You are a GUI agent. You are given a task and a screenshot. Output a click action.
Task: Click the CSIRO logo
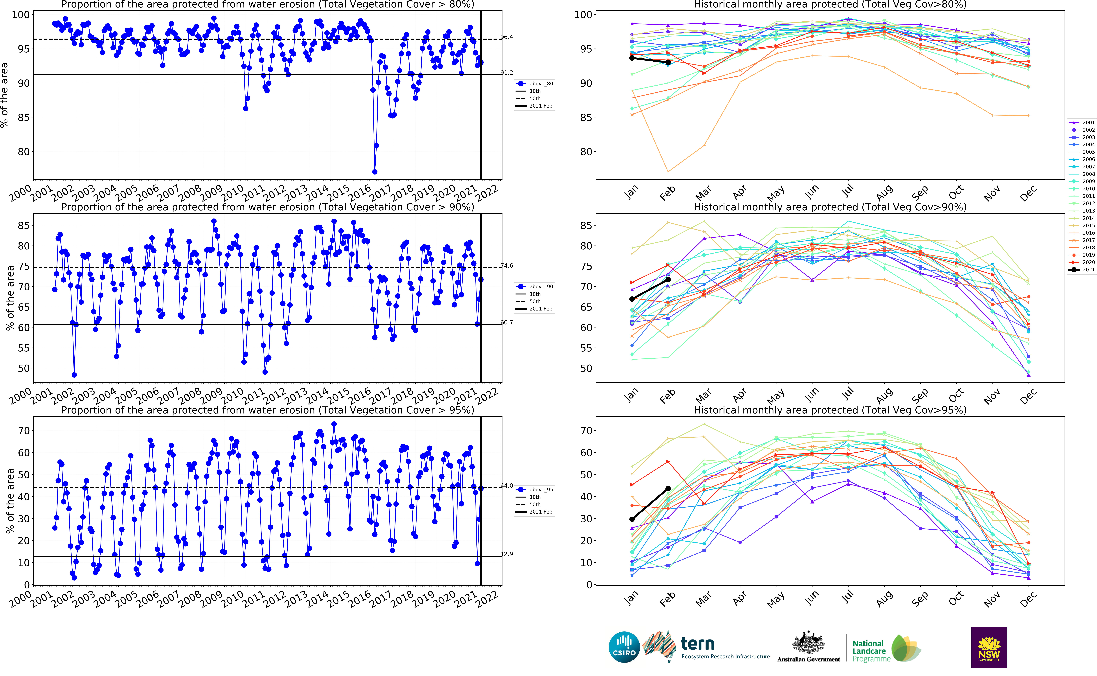624,647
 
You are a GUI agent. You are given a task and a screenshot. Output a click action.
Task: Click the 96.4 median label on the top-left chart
507,37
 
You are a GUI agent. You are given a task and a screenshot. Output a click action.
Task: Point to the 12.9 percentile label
507,554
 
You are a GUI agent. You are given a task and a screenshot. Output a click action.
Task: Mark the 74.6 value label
507,266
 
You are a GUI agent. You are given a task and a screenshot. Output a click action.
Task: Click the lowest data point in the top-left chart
375,172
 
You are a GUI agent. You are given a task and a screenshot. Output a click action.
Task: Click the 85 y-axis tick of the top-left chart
23,118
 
